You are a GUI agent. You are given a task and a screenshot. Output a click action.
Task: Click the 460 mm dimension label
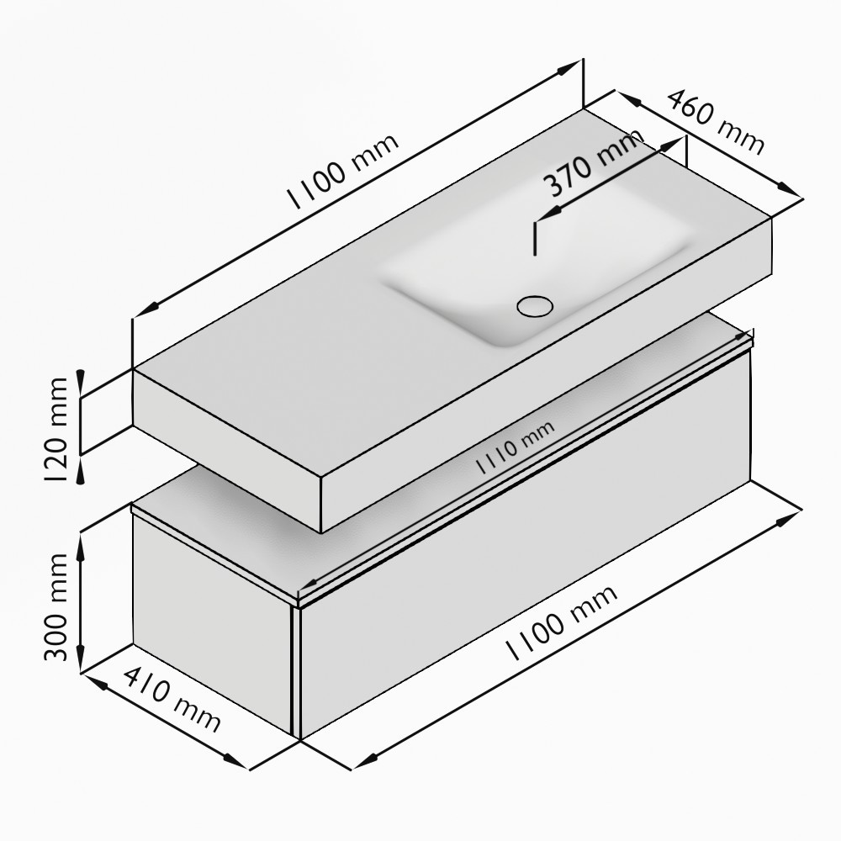coord(716,122)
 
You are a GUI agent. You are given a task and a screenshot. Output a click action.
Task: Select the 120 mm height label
coord(56,429)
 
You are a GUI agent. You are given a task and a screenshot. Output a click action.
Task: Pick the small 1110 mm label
coord(515,447)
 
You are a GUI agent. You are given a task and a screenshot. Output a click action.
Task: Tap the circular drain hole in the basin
coord(535,306)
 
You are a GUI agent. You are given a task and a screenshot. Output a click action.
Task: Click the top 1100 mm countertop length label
coord(344,171)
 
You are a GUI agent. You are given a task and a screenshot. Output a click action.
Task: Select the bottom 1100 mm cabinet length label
coord(562,623)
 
